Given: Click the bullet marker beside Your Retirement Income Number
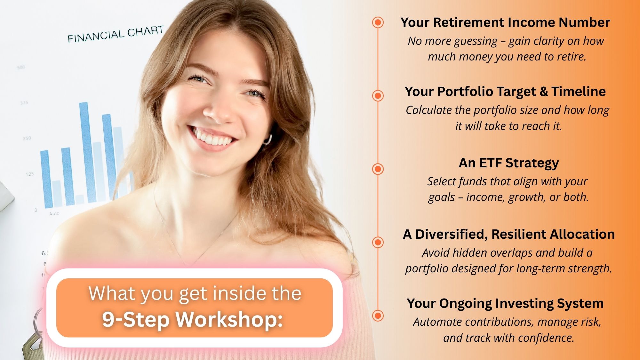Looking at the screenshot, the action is tap(378, 22).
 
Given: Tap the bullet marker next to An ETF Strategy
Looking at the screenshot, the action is tap(378, 169).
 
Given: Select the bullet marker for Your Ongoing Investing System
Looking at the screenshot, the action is tap(378, 316).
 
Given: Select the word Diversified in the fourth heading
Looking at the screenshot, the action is tap(452, 235).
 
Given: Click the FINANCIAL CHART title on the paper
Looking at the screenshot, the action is tap(116, 34).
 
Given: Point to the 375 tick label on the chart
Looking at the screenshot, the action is tap(24, 103).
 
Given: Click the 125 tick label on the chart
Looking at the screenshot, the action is tap(30, 174).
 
